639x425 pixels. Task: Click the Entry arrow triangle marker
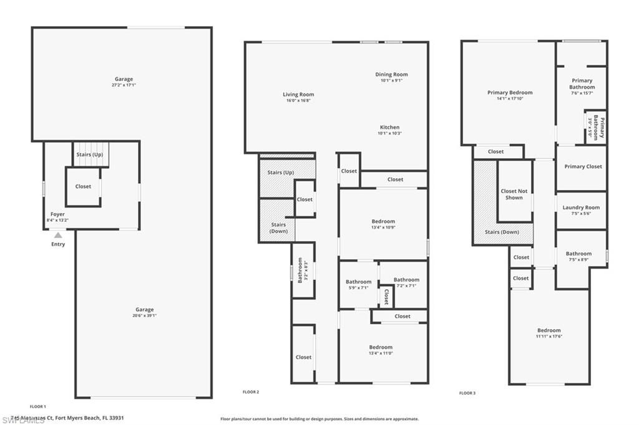(x=58, y=235)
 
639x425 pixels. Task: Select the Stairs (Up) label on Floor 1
(x=89, y=154)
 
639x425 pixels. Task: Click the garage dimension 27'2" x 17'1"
(x=124, y=85)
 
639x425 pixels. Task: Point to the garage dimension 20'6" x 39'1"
(x=144, y=315)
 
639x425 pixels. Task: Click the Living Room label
(x=298, y=95)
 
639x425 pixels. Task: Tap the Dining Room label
(x=391, y=75)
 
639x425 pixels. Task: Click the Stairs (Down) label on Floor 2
(x=279, y=227)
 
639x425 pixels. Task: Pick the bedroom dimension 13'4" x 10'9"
(x=383, y=227)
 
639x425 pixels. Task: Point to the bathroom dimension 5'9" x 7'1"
(x=359, y=287)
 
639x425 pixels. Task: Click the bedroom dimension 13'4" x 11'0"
(x=381, y=353)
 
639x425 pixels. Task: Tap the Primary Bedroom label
(x=510, y=93)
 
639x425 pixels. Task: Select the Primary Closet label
(x=583, y=166)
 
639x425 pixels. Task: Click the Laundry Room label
(x=581, y=208)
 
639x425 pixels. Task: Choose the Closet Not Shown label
(x=514, y=194)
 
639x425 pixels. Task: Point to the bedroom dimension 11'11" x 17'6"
(x=549, y=337)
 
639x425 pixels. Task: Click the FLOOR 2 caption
(x=250, y=392)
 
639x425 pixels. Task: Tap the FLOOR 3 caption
(x=467, y=393)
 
